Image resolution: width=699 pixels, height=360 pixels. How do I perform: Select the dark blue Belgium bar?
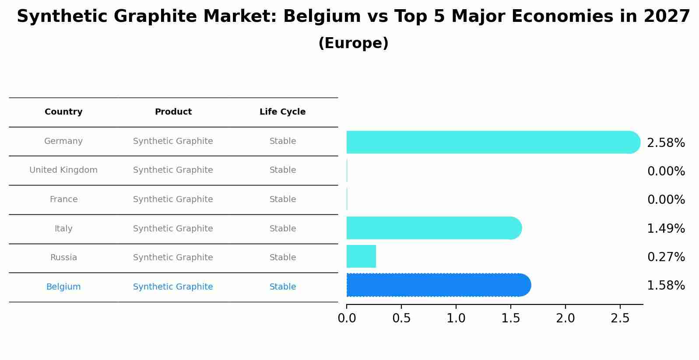(438, 285)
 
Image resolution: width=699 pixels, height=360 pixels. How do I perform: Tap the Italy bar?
(433, 228)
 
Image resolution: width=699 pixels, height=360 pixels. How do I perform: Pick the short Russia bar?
(361, 256)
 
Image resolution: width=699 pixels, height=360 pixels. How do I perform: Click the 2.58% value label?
(666, 143)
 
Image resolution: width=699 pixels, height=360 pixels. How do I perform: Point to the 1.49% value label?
(666, 229)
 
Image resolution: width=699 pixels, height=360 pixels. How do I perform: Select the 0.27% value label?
(666, 257)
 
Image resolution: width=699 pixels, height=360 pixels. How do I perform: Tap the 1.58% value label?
(666, 286)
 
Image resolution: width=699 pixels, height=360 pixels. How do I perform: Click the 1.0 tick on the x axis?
(456, 318)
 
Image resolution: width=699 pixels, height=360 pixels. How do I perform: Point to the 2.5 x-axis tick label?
(620, 318)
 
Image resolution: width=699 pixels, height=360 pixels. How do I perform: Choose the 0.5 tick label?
(401, 318)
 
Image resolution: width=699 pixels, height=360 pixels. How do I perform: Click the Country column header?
(63, 112)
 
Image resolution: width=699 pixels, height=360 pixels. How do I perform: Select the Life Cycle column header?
(282, 112)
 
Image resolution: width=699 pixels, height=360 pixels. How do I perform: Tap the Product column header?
(173, 112)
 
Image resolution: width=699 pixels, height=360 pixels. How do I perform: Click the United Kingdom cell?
(63, 170)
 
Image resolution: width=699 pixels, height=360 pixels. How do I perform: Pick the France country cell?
(63, 199)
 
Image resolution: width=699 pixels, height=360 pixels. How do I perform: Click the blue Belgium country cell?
(63, 287)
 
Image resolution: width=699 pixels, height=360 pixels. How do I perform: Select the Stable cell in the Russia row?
(282, 258)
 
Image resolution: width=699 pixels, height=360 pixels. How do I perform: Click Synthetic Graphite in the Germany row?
(173, 141)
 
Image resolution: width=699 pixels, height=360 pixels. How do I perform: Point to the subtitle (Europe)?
(353, 43)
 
